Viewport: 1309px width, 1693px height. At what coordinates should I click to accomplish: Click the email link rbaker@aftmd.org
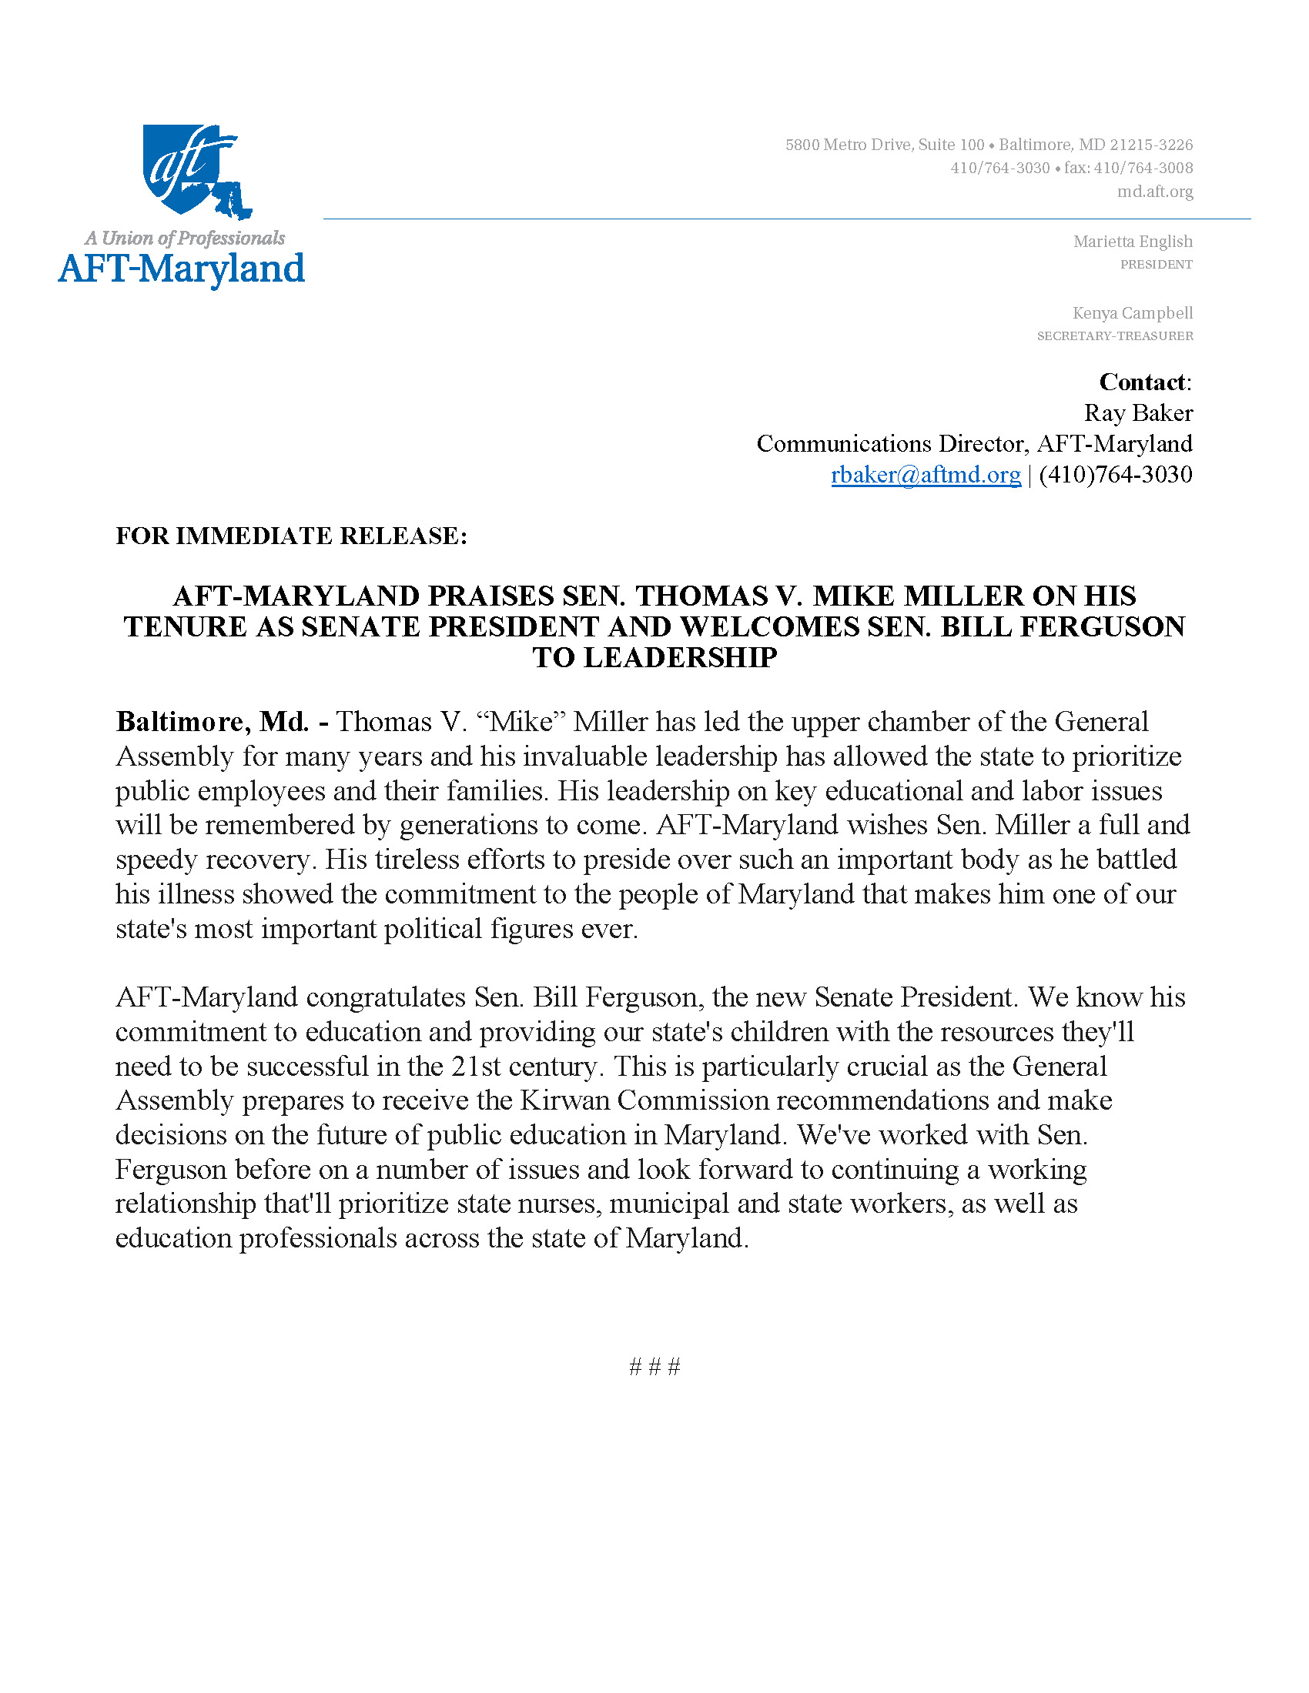[x=925, y=474]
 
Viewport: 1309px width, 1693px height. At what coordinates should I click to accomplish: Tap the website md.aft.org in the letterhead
[x=1155, y=192]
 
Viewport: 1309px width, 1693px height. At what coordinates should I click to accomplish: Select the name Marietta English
[x=1132, y=242]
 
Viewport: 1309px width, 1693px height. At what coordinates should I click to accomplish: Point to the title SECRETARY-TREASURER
[x=1114, y=336]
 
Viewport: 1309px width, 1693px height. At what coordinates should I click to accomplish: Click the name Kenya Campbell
[x=1132, y=313]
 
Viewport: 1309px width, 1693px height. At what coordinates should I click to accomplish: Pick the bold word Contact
[x=1142, y=382]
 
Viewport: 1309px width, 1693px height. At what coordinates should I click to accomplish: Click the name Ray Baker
[x=1137, y=413]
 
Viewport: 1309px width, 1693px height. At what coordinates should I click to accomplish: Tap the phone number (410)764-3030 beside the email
[x=1115, y=474]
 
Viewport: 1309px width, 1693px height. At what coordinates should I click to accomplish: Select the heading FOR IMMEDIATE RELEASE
[x=292, y=536]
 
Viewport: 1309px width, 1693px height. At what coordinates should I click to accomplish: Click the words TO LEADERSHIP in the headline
[x=654, y=657]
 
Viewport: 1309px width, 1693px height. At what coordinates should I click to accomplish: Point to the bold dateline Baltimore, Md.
[x=213, y=722]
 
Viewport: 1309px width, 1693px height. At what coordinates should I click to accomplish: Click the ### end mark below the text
[x=654, y=1367]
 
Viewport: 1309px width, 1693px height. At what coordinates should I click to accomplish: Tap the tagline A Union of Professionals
[x=185, y=238]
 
